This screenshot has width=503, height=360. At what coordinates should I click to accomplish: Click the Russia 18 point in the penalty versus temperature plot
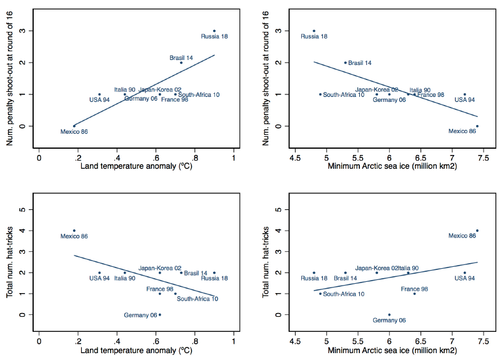[214, 31]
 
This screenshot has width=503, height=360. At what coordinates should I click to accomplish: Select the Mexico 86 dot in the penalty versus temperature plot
[74, 126]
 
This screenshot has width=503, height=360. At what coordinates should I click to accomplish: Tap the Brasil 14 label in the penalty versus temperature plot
[181, 57]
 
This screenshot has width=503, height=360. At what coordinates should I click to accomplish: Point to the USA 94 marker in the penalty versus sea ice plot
[464, 94]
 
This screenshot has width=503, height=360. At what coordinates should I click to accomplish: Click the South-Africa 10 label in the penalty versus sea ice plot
[344, 94]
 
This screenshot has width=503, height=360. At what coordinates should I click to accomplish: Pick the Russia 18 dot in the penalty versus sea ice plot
[314, 31]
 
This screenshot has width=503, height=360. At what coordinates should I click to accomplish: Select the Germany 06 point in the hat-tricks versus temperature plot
[160, 315]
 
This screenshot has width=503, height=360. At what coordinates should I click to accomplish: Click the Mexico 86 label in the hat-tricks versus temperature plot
[74, 236]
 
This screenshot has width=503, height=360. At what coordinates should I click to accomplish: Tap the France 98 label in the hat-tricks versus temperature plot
[160, 289]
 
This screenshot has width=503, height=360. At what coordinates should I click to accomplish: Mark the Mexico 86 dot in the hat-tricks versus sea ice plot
[477, 231]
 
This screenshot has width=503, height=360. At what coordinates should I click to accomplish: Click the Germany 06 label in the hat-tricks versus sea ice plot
[389, 320]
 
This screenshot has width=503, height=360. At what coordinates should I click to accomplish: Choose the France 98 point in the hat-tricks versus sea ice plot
[414, 294]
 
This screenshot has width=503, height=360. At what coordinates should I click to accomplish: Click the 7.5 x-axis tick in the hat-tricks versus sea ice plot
[484, 341]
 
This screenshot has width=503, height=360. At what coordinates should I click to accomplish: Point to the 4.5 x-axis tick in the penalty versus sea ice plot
[295, 158]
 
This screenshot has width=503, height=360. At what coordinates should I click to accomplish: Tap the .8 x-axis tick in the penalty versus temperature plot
[194, 158]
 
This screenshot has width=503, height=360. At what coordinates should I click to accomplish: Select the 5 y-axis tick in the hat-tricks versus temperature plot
[22, 209]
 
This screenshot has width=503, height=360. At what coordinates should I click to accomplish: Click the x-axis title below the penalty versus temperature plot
[136, 166]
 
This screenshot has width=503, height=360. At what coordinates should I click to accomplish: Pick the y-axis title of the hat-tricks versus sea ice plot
[266, 262]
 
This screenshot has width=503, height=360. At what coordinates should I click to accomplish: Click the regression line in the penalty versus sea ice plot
[396, 89]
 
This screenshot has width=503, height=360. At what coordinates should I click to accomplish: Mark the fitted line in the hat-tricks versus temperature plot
[144, 276]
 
